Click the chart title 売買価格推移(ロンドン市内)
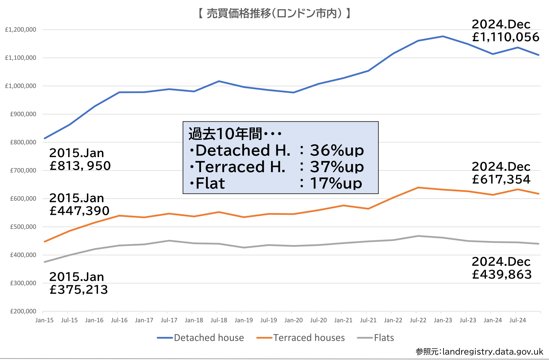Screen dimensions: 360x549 274,13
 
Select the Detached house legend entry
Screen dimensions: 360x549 209,338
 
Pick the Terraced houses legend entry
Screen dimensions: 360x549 309,338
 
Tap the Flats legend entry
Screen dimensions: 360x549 384,338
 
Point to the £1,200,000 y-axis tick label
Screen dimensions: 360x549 20,30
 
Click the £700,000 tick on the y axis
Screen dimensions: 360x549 23,171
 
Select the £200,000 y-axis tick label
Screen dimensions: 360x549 23,311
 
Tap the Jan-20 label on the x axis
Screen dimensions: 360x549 293,320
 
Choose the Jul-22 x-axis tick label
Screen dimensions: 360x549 418,320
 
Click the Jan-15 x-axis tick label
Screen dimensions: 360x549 45,320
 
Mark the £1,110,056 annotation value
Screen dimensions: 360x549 506,37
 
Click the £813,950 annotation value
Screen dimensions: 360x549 80,166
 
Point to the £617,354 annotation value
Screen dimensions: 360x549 501,179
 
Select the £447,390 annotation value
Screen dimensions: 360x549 79,211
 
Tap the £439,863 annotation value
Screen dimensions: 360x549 502,275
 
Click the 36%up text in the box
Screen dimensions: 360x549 337,150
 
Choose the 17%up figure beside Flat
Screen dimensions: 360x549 336,183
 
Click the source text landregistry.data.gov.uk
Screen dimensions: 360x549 493,352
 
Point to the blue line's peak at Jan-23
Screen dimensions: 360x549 443,36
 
